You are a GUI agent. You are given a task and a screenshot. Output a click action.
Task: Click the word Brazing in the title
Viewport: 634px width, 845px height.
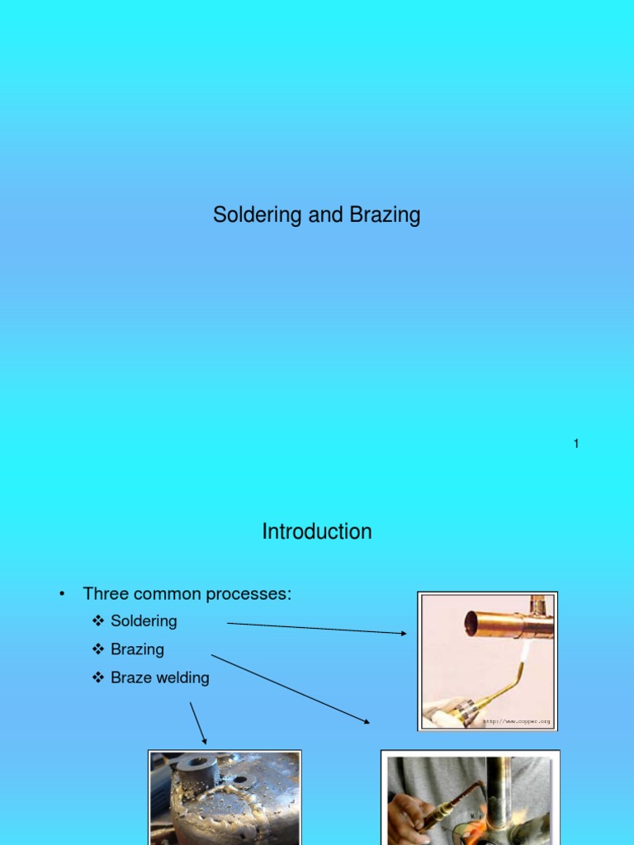coord(387,216)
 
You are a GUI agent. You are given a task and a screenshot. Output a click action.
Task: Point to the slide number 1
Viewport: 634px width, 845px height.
coord(576,444)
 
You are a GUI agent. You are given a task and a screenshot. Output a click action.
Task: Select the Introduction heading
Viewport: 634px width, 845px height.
coord(317,532)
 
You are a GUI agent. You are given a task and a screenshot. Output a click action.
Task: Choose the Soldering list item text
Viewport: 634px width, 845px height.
coord(144,621)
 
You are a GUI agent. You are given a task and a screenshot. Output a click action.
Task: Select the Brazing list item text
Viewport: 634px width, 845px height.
coord(137,649)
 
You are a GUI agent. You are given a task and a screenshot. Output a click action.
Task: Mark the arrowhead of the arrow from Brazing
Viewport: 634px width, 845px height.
coord(367,722)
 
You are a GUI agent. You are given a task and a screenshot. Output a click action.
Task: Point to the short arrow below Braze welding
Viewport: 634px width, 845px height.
coord(198,723)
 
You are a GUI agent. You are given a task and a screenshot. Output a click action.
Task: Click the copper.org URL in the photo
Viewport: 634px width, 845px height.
coord(517,721)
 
